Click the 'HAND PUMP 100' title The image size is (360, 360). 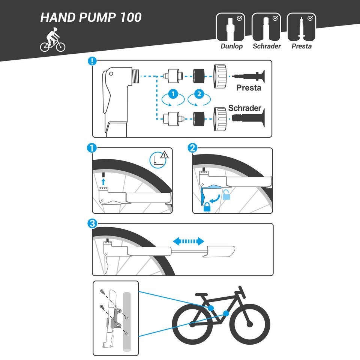tap(91, 18)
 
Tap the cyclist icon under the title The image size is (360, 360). tap(52, 40)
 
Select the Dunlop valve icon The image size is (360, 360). tap(231, 27)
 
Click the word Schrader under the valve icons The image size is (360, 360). tap(267, 46)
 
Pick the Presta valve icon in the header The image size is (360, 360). tap(301, 27)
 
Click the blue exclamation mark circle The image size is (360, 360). tap(92, 61)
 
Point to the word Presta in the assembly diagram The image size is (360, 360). tap(249, 88)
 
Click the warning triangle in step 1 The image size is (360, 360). tap(164, 155)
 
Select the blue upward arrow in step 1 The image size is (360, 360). tap(103, 181)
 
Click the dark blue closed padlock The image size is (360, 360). tap(207, 207)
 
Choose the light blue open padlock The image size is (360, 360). tap(226, 195)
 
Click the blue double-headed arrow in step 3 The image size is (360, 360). tap(188, 241)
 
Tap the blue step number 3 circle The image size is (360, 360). tap(92, 223)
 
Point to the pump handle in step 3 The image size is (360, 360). tap(219, 252)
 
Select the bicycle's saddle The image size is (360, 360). tap(201, 295)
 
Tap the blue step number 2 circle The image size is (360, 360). tap(192, 148)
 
